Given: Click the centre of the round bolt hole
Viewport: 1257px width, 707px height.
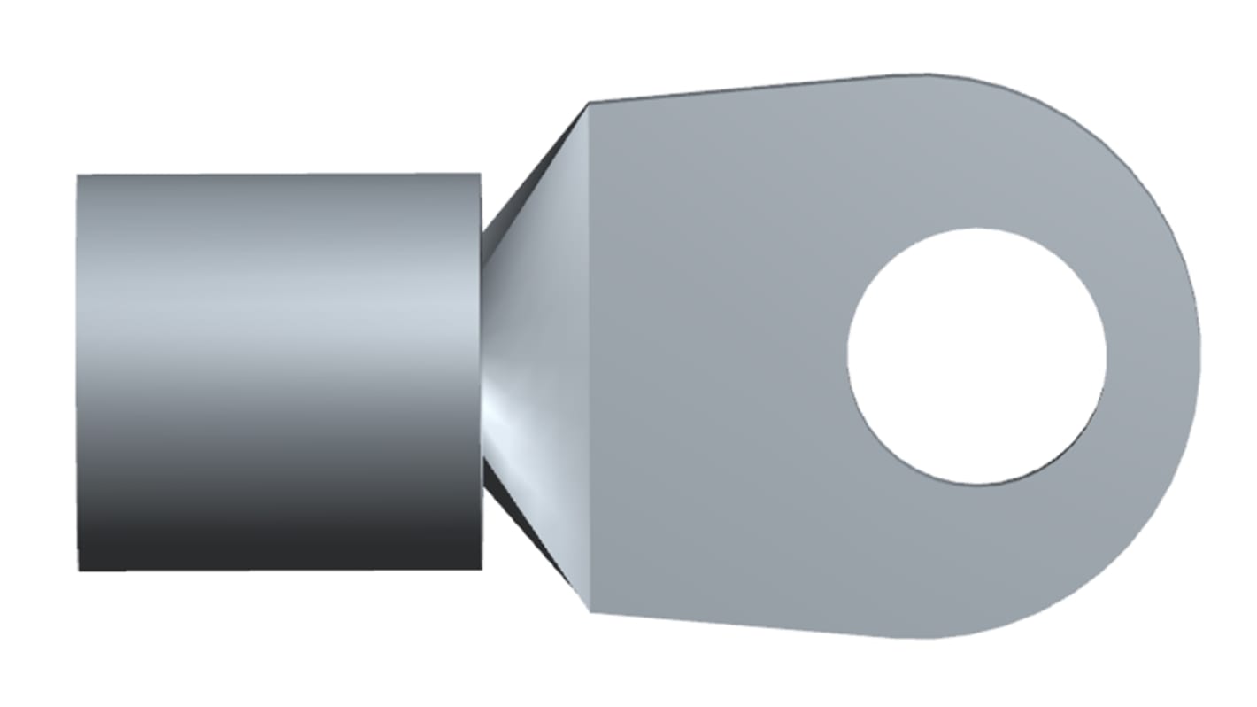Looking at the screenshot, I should click(x=976, y=356).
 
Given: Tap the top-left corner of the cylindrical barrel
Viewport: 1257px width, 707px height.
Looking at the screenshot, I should click(x=78, y=175).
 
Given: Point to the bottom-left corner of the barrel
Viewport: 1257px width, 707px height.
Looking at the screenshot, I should click(x=79, y=571).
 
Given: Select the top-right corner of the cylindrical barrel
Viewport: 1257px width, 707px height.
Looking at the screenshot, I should click(x=481, y=174).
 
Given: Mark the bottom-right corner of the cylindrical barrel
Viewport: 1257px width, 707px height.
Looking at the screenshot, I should click(x=482, y=569).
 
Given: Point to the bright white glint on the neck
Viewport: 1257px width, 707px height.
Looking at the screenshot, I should click(x=505, y=403).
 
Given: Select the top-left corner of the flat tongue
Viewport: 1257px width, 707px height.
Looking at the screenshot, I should click(x=590, y=104).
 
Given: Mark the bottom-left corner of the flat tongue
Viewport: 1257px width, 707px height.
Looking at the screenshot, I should click(x=590, y=611).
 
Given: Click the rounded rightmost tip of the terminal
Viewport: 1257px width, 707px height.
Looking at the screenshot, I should click(x=1199, y=356).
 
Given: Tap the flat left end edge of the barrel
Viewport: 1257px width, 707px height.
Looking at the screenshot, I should click(x=78, y=372).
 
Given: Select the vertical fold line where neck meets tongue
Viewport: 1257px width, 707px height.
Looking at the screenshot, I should click(x=590, y=354).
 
